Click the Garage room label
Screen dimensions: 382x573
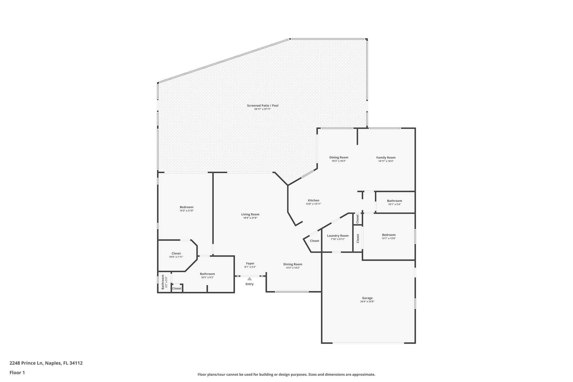tap(367, 298)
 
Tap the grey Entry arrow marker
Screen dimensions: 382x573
tap(250, 279)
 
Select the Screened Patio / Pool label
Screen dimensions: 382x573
tap(262, 106)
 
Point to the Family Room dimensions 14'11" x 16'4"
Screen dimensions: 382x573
tap(386, 161)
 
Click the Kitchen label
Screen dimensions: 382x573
tap(313, 200)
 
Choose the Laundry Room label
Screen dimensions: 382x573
tap(338, 236)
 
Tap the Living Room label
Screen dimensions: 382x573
tap(250, 214)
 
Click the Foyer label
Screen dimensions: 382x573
tap(250, 263)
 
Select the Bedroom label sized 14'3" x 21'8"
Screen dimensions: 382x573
tap(186, 207)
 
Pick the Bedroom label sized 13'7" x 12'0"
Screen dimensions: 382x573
tap(389, 235)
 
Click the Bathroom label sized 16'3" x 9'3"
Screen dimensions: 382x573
tap(207, 274)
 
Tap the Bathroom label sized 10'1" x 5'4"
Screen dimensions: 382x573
tap(394, 201)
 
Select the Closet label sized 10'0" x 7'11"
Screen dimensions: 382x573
tap(176, 253)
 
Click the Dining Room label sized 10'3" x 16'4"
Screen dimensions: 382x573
tap(339, 158)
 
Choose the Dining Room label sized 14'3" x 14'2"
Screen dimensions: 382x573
tap(293, 264)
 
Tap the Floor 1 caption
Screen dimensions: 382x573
tap(17, 372)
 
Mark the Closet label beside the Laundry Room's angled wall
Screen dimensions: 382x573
tap(314, 241)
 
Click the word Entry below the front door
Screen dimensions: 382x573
tap(250, 284)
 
